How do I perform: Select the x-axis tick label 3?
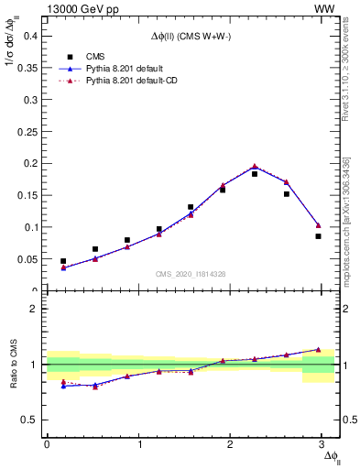click(325, 444)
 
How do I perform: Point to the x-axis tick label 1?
click(139, 444)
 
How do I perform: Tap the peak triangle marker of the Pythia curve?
click(255, 167)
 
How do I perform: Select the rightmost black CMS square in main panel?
click(318, 236)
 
